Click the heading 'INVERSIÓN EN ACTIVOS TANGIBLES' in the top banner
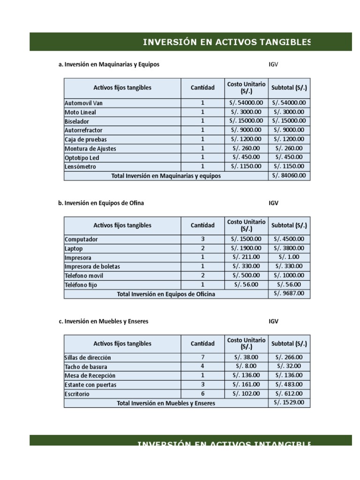pyautogui.click(x=227, y=42)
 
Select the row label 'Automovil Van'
pyautogui.click(x=83, y=103)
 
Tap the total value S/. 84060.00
pyautogui.click(x=289, y=175)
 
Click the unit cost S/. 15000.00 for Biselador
pyautogui.click(x=246, y=121)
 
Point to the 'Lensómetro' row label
pyautogui.click(x=80, y=167)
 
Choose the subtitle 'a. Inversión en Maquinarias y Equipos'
pyautogui.click(x=109, y=64)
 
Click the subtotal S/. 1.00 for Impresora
pyautogui.click(x=289, y=257)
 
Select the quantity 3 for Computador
pyautogui.click(x=202, y=239)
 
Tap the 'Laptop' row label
pyautogui.click(x=74, y=248)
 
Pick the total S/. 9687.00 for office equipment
pyautogui.click(x=289, y=293)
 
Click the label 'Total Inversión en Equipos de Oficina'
pyautogui.click(x=166, y=294)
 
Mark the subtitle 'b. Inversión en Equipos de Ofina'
pyautogui.click(x=101, y=203)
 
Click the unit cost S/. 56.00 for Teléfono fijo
pyautogui.click(x=246, y=285)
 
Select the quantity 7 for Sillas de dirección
pyautogui.click(x=202, y=357)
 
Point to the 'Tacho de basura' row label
pyautogui.click(x=86, y=367)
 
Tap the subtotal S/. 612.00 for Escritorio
pyautogui.click(x=289, y=394)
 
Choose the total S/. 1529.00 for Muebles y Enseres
pyautogui.click(x=289, y=402)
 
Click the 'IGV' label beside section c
pyautogui.click(x=273, y=321)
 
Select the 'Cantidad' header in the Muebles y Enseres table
pyautogui.click(x=202, y=344)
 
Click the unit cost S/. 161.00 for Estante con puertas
pyautogui.click(x=246, y=384)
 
